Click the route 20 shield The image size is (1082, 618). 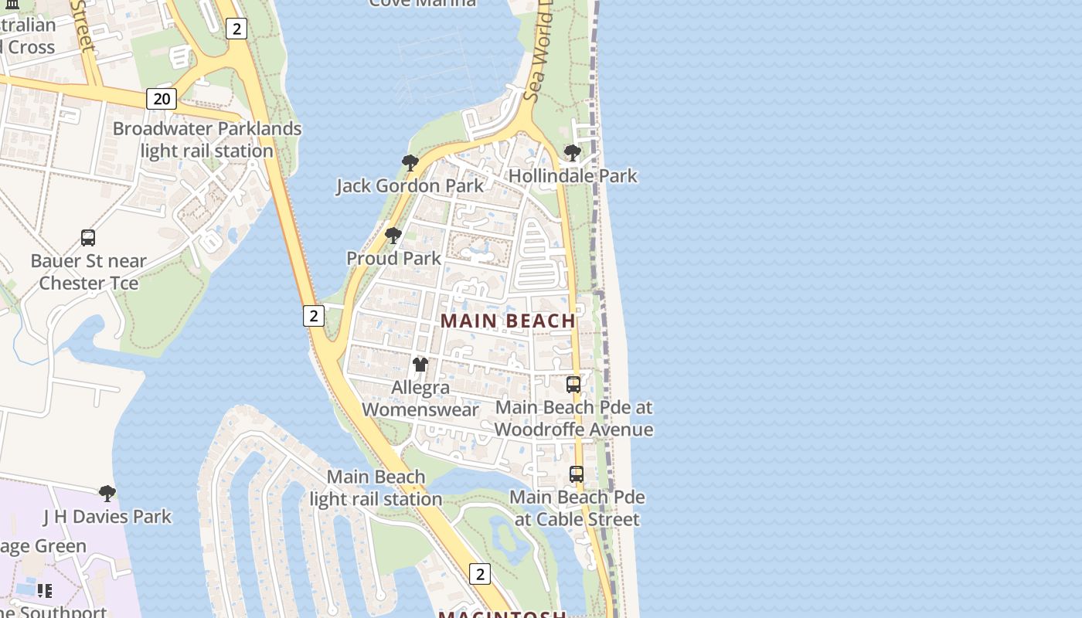(162, 99)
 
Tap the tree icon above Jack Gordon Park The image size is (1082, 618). (410, 163)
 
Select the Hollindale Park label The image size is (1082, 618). (573, 176)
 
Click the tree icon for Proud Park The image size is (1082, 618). (393, 235)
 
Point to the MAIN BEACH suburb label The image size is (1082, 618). (509, 321)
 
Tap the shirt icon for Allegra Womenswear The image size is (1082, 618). (420, 364)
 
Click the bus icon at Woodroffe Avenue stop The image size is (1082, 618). (573, 384)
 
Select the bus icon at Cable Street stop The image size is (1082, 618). (577, 474)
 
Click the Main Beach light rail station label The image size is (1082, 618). (376, 488)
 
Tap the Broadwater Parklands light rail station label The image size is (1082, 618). (207, 140)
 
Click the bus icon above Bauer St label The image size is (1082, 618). (88, 238)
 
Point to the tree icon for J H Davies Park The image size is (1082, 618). (107, 493)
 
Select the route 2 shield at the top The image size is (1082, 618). (236, 29)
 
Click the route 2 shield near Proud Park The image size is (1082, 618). (313, 315)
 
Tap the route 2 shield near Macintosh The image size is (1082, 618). (480, 574)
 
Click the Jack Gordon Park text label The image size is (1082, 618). (410, 186)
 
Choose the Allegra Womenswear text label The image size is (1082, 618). (420, 399)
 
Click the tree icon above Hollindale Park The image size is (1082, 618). (573, 153)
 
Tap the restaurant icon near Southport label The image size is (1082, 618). (45, 591)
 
